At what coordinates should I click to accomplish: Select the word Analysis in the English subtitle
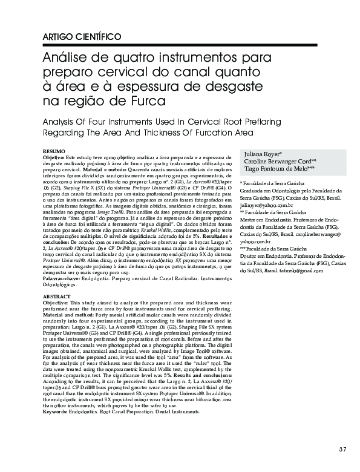(x=61, y=122)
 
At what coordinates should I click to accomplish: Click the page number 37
(x=343, y=448)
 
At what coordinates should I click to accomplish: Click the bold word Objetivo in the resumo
(x=56, y=156)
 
